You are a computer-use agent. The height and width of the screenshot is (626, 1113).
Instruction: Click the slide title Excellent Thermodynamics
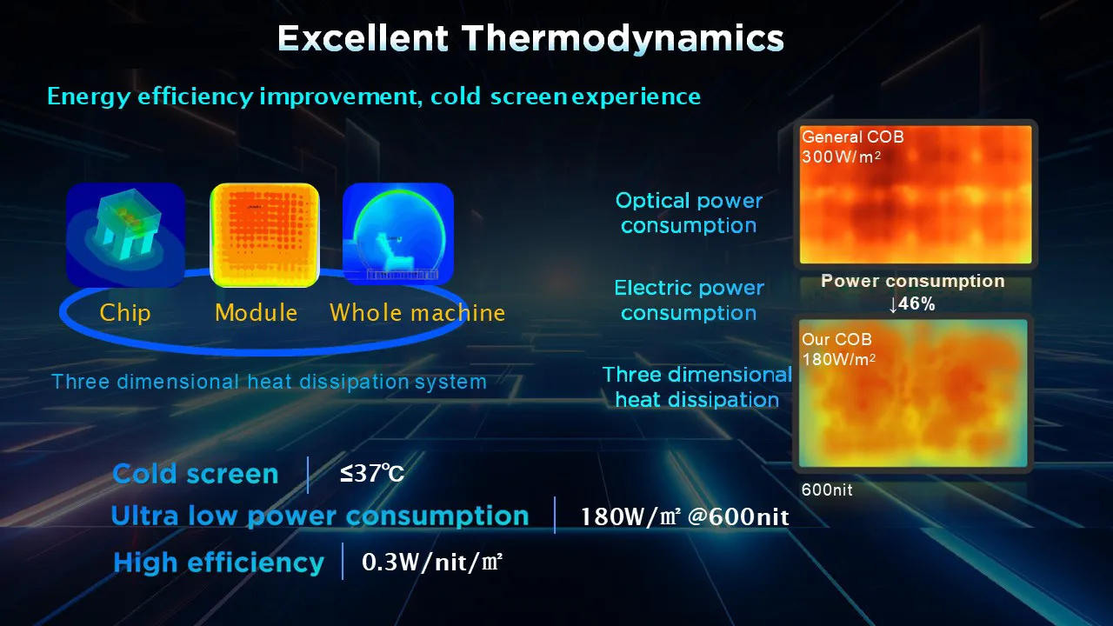tap(530, 38)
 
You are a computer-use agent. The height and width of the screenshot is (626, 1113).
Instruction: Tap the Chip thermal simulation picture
tap(125, 235)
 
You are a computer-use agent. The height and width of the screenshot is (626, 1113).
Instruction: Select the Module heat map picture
tap(260, 235)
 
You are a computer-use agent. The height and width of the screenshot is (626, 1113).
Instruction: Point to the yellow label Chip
tap(125, 313)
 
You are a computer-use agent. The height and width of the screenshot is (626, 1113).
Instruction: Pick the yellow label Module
tap(257, 313)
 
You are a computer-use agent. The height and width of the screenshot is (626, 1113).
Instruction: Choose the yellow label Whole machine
tap(417, 313)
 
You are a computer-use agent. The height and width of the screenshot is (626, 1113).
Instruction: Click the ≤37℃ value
tap(372, 474)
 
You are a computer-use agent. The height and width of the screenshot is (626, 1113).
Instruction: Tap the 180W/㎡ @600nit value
tap(684, 517)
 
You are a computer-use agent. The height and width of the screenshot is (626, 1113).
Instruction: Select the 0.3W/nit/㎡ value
tap(432, 563)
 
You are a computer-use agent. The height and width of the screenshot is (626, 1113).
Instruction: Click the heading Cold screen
tap(196, 474)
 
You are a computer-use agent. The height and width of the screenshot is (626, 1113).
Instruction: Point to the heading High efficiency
tap(218, 563)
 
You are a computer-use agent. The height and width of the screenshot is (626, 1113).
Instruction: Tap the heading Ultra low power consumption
tap(320, 516)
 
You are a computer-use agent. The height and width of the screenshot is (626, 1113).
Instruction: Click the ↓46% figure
tap(911, 304)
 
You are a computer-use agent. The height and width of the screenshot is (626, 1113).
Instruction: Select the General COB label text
tap(852, 137)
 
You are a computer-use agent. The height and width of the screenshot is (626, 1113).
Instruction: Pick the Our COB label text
tap(836, 339)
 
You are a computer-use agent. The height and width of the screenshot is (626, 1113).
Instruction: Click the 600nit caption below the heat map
tap(827, 490)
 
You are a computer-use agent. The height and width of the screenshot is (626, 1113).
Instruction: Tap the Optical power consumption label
tap(689, 213)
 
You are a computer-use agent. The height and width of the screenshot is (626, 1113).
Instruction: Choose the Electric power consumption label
tap(689, 300)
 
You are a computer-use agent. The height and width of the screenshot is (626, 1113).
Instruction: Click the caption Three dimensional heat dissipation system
tap(269, 382)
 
